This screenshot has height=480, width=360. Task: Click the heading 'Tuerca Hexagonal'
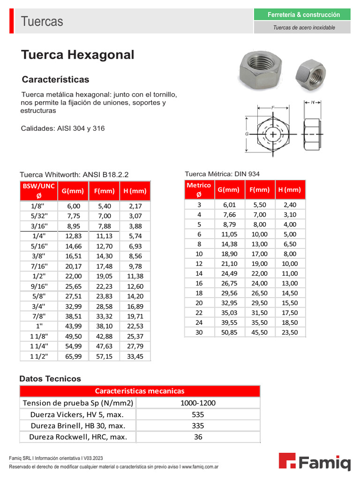(78, 55)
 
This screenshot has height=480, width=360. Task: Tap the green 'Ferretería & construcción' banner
(302, 15)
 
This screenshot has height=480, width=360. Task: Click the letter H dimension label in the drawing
(312, 102)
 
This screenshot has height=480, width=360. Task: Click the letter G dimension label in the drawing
(247, 134)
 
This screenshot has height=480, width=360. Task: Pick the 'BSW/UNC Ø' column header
(38, 190)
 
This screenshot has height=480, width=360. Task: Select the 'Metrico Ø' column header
(199, 189)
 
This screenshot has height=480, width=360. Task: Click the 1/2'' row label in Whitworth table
(38, 276)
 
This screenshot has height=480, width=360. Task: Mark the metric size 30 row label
(199, 332)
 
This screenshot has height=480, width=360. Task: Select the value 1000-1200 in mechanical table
(198, 403)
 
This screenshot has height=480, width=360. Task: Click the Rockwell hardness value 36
(198, 437)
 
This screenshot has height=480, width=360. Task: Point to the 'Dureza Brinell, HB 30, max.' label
(78, 426)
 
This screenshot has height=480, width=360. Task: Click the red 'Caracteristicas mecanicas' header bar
(140, 391)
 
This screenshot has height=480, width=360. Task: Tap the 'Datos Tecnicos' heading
(50, 379)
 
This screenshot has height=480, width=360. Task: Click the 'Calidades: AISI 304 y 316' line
(63, 128)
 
